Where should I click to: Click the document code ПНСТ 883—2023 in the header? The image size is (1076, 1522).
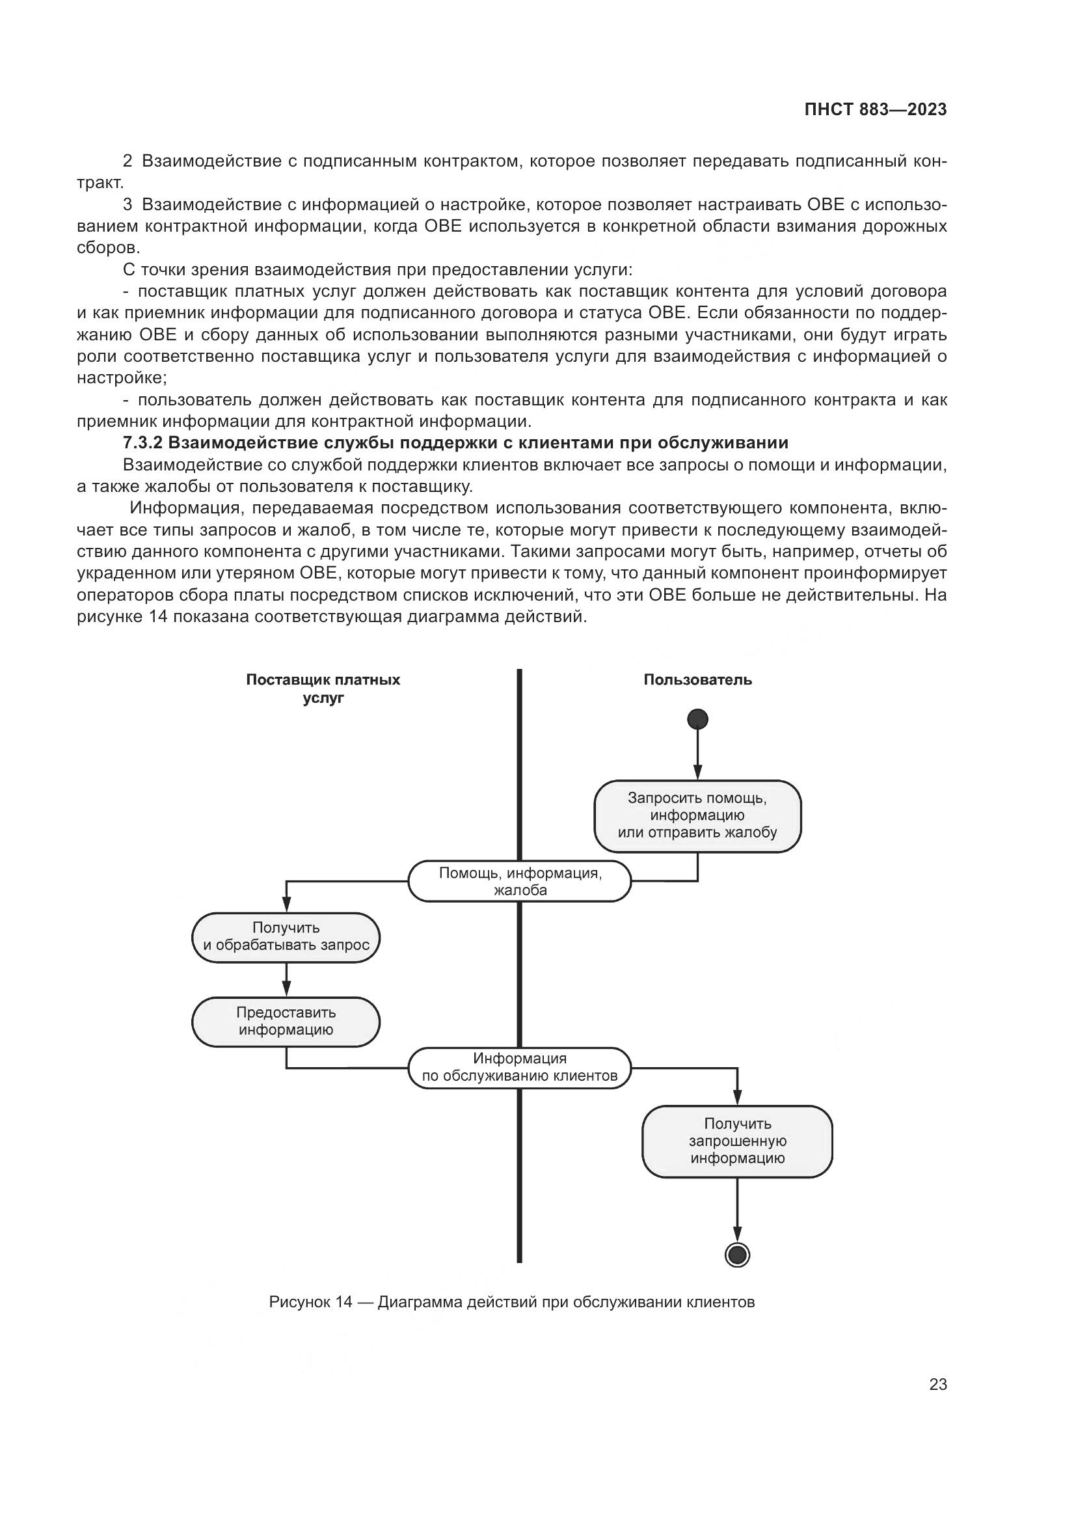875,110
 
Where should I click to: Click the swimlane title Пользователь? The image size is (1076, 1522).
697,679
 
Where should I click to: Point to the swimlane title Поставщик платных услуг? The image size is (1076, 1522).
323,688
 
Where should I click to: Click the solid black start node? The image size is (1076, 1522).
697,719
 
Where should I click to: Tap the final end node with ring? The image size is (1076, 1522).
737,1255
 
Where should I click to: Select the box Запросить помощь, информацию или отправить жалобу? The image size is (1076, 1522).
697,816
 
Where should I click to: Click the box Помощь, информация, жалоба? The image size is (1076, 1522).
519,882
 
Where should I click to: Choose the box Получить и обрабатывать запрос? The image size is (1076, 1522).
286,936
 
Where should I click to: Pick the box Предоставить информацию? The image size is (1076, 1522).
286,1022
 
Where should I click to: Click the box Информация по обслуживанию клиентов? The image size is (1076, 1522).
519,1068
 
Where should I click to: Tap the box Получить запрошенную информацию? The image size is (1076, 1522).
737,1141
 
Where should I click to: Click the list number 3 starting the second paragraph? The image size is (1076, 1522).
128,204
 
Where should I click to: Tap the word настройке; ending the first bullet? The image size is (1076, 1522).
122,379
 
